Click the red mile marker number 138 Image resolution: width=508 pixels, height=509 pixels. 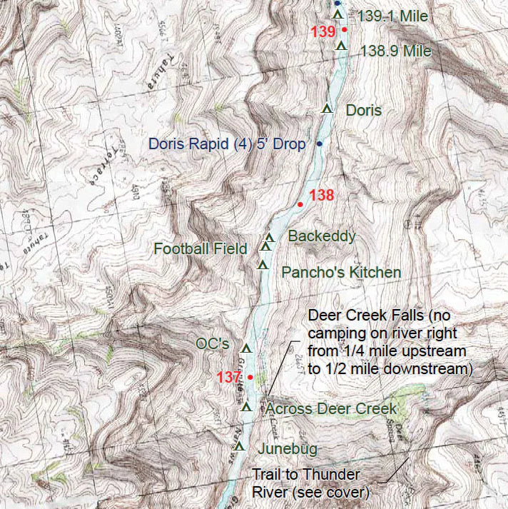click(322, 195)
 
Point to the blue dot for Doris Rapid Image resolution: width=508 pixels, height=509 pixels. click(320, 144)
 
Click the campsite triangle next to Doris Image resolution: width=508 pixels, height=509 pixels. click(327, 109)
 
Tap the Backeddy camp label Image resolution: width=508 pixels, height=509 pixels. click(321, 236)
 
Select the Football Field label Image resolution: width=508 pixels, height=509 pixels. click(200, 248)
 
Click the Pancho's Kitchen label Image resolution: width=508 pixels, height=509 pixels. click(341, 272)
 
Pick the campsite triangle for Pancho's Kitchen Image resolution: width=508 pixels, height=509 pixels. click(263, 266)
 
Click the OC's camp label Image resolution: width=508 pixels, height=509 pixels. click(212, 344)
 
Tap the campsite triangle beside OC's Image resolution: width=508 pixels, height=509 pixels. click(247, 348)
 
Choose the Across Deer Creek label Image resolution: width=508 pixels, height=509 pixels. click(330, 408)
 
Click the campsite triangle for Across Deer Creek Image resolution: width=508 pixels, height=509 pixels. click(247, 407)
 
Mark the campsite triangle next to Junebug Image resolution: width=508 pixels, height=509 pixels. click(239, 447)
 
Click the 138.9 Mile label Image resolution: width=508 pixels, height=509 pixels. click(396, 51)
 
